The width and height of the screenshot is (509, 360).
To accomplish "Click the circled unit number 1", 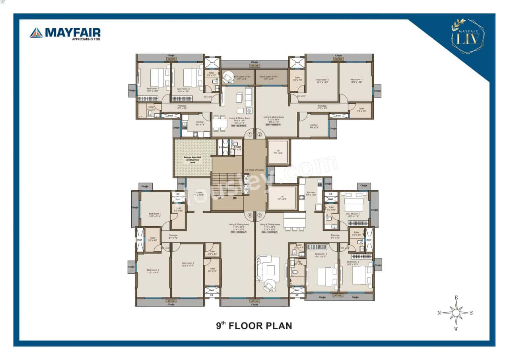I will coord(250,134).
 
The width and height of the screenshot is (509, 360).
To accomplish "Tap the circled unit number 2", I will coord(260,134).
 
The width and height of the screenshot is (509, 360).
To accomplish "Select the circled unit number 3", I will coord(260,216).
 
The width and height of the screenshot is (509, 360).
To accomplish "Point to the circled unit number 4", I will coord(250,216).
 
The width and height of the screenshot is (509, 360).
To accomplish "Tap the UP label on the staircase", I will coord(220,198).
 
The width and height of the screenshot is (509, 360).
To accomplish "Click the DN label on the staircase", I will coord(235,198).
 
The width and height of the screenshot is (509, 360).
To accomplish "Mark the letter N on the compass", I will coord(439,313).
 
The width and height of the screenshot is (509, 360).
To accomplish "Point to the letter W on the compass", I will coord(456,329).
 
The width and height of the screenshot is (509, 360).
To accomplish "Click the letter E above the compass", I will coord(457,298).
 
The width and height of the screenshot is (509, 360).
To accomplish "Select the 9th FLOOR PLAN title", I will coord(254,326).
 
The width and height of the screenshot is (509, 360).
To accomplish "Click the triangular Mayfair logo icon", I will coord(36,33).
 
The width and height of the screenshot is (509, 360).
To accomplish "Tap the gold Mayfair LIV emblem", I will coord(468,36).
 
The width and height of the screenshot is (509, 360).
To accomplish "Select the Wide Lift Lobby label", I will coord(254,170).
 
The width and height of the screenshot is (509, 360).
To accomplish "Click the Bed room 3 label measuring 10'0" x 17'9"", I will coord(188,265).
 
